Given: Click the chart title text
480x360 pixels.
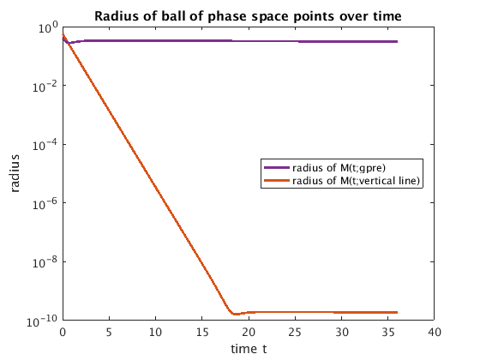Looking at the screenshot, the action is pyautogui.click(x=248, y=16).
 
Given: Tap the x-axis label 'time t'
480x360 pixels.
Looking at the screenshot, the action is pyautogui.click(x=249, y=349).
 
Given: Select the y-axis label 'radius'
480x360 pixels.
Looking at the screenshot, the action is pyautogui.click(x=15, y=173).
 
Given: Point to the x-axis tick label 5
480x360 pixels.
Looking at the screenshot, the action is pyautogui.click(x=109, y=333).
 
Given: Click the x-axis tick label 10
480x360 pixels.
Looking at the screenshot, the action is pyautogui.click(x=155, y=333).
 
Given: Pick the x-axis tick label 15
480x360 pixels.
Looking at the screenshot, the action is pyautogui.click(x=202, y=333).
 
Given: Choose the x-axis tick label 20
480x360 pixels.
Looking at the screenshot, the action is pyautogui.click(x=249, y=333).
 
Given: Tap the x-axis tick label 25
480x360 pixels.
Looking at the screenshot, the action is pyautogui.click(x=295, y=333).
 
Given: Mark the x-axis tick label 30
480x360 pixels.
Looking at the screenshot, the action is pyautogui.click(x=341, y=333).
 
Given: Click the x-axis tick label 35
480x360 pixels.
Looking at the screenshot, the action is pyautogui.click(x=387, y=333).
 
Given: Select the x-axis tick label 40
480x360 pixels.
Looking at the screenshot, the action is pyautogui.click(x=435, y=333).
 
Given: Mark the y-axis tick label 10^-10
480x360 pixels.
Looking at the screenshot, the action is pyautogui.click(x=42, y=321).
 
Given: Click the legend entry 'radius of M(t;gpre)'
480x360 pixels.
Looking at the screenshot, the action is pyautogui.click(x=325, y=168).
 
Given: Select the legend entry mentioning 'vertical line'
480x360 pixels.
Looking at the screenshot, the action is pyautogui.click(x=342, y=181).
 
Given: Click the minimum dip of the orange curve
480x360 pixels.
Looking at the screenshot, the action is pyautogui.click(x=235, y=314).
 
